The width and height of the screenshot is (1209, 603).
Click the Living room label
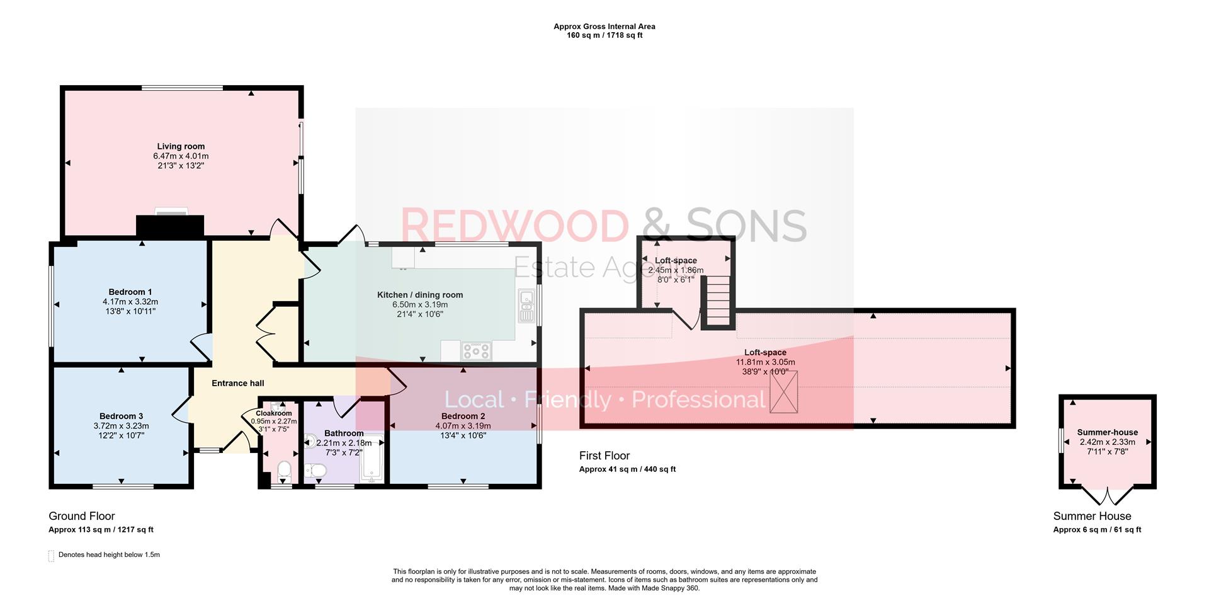click(181, 146)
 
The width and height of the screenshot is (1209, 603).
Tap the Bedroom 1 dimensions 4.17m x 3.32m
click(130, 302)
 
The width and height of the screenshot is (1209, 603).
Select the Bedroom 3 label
click(121, 416)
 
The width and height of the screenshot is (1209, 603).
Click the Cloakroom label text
click(273, 413)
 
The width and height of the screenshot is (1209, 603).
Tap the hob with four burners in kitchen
click(476, 350)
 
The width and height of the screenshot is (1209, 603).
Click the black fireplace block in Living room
click(170, 226)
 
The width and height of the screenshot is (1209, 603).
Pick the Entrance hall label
click(237, 383)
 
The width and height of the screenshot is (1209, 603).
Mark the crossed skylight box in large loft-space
click(784, 392)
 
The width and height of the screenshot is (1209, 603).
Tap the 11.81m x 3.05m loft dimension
click(765, 362)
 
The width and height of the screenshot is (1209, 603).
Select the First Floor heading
click(604, 456)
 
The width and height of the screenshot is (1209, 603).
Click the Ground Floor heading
click(82, 516)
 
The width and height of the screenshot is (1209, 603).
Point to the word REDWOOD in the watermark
click(514, 226)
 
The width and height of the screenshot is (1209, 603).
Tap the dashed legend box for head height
click(51, 556)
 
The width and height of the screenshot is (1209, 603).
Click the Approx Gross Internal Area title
click(604, 26)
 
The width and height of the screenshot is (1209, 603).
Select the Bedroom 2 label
click(463, 416)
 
